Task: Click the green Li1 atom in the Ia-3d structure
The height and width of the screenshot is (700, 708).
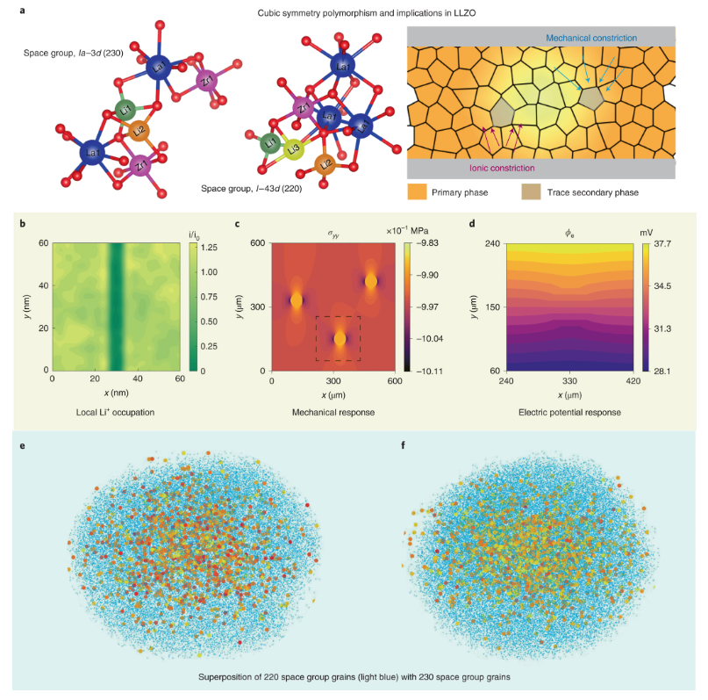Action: pyautogui.click(x=125, y=110)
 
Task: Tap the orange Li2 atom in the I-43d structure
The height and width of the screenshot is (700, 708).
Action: pyautogui.click(x=325, y=164)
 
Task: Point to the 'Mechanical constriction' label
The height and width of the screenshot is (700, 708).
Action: pyautogui.click(x=590, y=39)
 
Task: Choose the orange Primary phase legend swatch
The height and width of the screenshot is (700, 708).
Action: pyautogui.click(x=418, y=191)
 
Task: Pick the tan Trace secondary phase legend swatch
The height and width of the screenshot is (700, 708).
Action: pyautogui.click(x=532, y=191)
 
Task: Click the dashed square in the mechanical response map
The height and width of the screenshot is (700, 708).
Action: pyautogui.click(x=339, y=337)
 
